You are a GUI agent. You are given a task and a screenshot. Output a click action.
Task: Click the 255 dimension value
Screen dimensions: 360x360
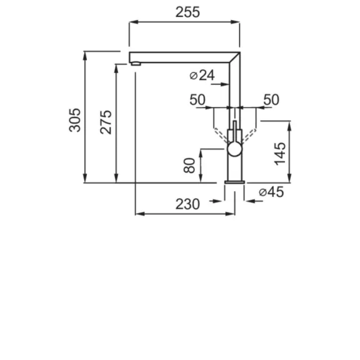[x=187, y=12]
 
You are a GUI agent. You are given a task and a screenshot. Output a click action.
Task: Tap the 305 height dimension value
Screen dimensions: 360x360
[x=75, y=120]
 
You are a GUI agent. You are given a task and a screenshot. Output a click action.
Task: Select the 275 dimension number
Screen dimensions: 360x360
[x=106, y=122]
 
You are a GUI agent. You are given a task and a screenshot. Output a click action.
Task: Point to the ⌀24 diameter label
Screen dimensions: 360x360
[x=202, y=75]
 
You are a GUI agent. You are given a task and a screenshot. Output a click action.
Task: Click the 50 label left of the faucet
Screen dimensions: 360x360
[x=197, y=99]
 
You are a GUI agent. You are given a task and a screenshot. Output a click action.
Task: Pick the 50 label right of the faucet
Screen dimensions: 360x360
[x=271, y=99]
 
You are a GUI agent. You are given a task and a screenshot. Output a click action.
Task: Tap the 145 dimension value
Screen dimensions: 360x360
[x=280, y=154]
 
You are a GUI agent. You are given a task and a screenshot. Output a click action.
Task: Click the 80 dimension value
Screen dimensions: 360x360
[x=189, y=165]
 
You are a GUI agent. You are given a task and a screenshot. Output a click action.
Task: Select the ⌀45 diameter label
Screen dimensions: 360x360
[x=271, y=192]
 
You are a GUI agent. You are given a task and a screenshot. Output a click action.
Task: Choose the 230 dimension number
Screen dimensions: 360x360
[x=187, y=204]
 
